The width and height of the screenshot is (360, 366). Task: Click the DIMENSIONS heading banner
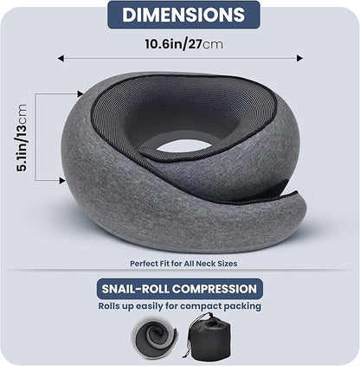pos(179,15)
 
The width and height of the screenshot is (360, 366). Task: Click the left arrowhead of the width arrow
pos(61,58)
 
